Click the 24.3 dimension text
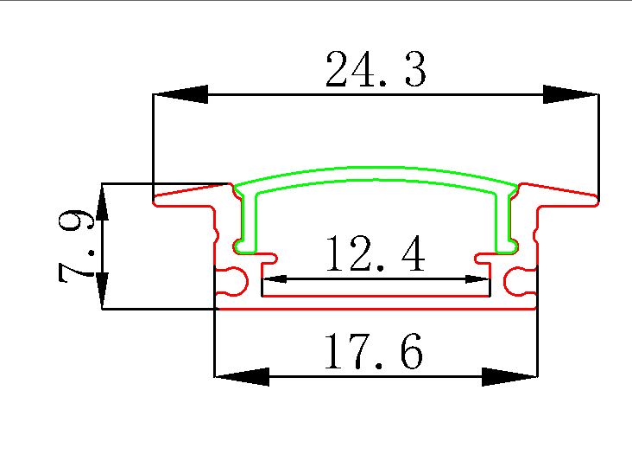[x=376, y=70]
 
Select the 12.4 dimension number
[x=375, y=255]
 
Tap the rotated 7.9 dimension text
[x=76, y=247]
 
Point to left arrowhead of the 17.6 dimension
[x=241, y=376]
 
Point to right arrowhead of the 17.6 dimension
[x=509, y=376]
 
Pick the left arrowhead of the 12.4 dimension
[x=274, y=279]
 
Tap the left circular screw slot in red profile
[x=232, y=279]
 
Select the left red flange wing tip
[x=158, y=203]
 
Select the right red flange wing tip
[x=595, y=203]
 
